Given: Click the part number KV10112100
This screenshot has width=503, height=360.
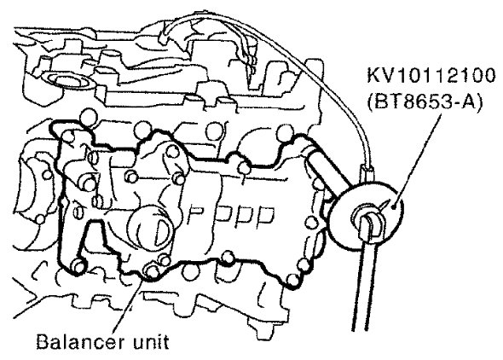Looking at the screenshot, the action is tap(431, 77).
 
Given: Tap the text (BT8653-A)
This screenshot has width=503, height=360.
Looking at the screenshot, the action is tap(425, 103).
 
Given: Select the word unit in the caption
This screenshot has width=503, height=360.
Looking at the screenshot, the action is tap(150, 342).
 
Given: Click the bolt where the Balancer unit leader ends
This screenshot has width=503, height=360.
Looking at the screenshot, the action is tap(152, 270).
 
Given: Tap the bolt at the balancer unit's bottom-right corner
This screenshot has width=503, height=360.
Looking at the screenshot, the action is tap(292, 280).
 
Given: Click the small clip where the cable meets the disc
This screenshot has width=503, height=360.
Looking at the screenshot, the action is tap(367, 173).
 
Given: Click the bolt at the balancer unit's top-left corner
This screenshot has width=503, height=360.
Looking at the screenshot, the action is tap(68, 136).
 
